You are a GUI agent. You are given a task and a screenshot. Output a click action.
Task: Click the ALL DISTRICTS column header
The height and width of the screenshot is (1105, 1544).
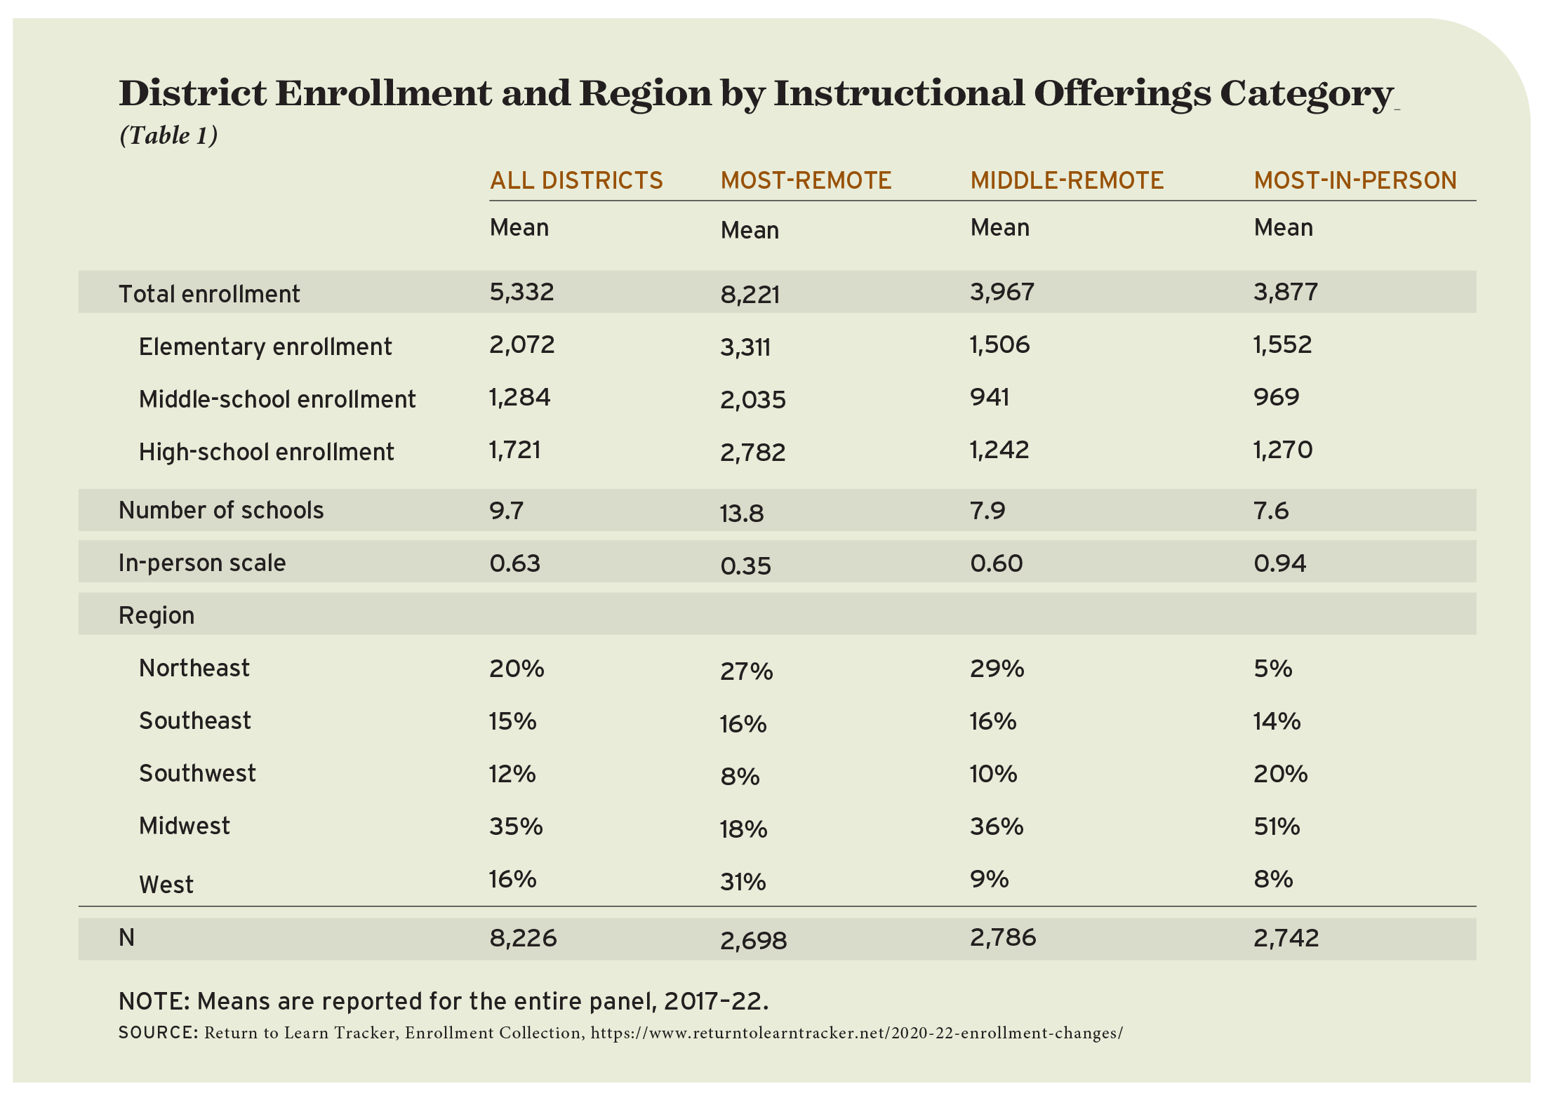click(x=576, y=181)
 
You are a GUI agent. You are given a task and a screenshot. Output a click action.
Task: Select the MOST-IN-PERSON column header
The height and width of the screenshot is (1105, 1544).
click(x=1355, y=181)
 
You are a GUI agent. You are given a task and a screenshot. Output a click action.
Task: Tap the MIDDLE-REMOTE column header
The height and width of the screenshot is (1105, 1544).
click(x=1067, y=181)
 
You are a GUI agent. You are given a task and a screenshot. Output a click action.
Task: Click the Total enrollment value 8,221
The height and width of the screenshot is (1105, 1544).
click(x=750, y=294)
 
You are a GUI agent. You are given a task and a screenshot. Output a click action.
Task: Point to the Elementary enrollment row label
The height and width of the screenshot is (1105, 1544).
click(x=265, y=347)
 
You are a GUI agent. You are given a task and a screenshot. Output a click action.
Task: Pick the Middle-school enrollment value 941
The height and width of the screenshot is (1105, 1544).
click(x=990, y=397)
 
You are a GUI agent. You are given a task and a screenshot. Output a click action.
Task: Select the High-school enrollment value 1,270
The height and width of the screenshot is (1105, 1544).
click(x=1283, y=450)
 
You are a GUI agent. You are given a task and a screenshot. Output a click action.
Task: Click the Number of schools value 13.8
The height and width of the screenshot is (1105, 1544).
click(x=741, y=514)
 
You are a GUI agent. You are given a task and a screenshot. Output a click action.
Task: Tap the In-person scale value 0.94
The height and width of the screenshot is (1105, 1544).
click(x=1279, y=563)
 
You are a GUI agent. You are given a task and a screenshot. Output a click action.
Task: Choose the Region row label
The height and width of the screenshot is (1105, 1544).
click(x=157, y=615)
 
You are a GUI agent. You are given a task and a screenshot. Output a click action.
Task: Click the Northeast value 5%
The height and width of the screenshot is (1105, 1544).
click(x=1272, y=669)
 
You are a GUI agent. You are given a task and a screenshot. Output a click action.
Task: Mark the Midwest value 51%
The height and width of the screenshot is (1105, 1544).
click(x=1277, y=826)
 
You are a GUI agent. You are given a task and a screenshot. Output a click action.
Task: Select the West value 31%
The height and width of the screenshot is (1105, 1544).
click(x=743, y=882)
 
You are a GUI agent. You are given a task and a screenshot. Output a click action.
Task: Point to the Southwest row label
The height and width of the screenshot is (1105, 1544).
click(x=197, y=773)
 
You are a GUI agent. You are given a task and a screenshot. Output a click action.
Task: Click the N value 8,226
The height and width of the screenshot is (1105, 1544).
click(x=523, y=938)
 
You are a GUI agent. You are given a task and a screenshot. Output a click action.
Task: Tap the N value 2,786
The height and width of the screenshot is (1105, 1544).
click(x=1003, y=938)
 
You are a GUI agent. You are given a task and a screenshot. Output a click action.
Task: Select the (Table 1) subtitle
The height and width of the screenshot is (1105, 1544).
click(x=168, y=135)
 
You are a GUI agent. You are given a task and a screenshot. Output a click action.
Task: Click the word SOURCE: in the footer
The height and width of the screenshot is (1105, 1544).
click(x=158, y=1033)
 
